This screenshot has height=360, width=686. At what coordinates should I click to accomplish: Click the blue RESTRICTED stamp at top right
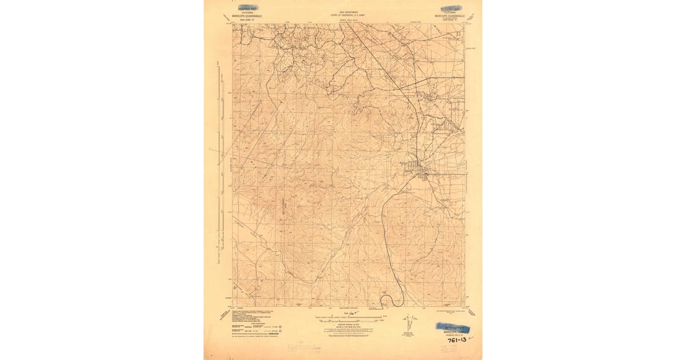[x=452, y=9]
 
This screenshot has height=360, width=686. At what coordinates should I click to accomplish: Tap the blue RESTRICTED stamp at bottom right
[x=452, y=327]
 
